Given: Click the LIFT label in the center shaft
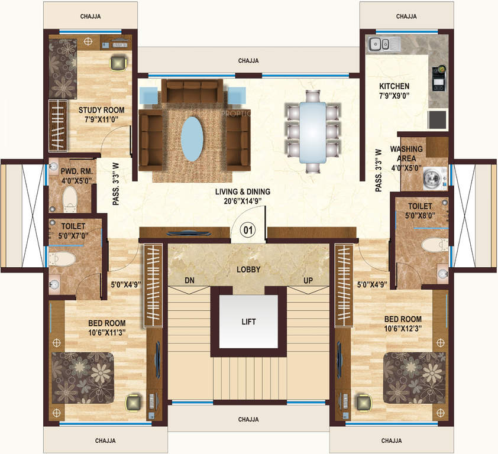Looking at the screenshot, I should point(249,322).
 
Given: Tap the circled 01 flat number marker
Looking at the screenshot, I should point(248,230).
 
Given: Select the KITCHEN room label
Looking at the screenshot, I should point(394,86).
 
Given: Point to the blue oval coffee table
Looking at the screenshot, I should point(191,138).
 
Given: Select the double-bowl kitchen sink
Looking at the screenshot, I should point(382,44).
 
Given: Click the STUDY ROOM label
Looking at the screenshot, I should point(101,110).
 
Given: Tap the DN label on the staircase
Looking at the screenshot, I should point(189,280).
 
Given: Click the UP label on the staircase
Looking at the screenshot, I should point(308,280).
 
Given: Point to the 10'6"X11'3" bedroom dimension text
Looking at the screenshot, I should point(106,333).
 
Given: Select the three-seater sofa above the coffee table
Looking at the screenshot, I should point(190,92).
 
